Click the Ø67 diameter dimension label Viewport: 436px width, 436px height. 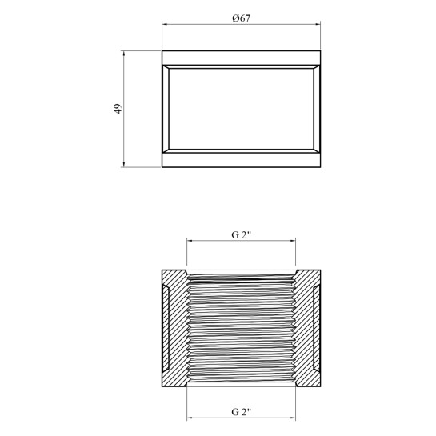[x=241, y=18]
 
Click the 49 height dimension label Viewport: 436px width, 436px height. [x=118, y=109]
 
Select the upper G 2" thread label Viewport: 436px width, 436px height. [x=241, y=235]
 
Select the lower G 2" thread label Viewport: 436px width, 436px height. [x=241, y=412]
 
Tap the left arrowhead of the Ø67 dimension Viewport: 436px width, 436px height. [x=164, y=25]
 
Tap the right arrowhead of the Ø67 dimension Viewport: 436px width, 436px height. [x=318, y=25]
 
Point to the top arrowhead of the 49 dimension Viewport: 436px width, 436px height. [x=124, y=54]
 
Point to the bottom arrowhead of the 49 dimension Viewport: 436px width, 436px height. [x=124, y=165]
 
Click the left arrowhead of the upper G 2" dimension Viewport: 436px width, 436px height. [x=189, y=241]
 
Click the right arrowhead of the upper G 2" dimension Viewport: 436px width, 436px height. [x=293, y=241]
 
